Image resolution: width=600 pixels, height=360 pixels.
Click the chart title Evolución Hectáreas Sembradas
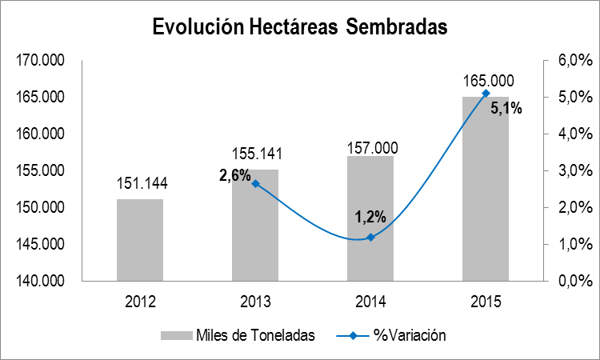(301, 26)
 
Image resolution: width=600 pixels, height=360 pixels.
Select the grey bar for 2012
(140, 240)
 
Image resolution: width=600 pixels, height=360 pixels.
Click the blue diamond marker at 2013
(255, 183)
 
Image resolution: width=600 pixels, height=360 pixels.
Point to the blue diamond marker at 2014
(370, 237)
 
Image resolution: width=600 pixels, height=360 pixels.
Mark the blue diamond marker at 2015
(486, 94)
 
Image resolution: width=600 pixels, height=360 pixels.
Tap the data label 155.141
(256, 154)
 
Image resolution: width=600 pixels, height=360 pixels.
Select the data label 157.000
(371, 147)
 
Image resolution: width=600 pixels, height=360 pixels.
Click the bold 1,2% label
(370, 217)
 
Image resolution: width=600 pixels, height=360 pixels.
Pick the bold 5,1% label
(506, 109)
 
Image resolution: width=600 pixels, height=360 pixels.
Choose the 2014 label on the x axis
(370, 302)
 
